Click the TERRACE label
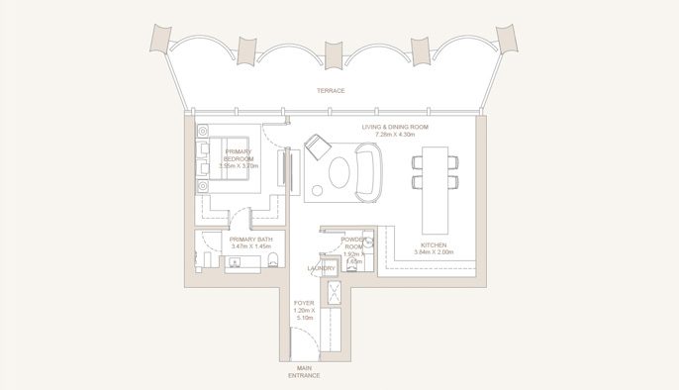(331, 90)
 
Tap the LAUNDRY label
(320, 268)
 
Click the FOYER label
(304, 304)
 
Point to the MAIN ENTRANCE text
(304, 371)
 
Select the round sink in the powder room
(350, 267)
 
